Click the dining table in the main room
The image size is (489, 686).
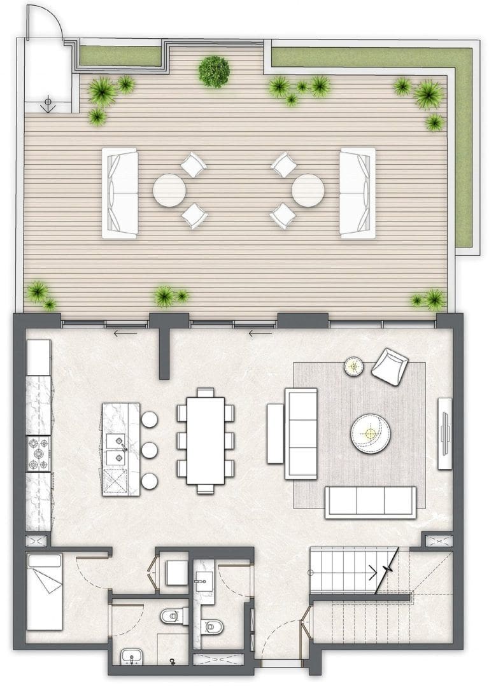pyautogui.click(x=206, y=440)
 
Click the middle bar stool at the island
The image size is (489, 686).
pyautogui.click(x=150, y=450)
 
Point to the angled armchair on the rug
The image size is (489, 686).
pyautogui.click(x=390, y=366)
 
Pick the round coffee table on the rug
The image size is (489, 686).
pyautogui.click(x=370, y=433)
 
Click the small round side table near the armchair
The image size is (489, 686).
pyautogui.click(x=353, y=366)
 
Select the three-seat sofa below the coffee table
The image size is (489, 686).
pyautogui.click(x=370, y=501)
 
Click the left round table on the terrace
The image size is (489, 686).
pyautogui.click(x=169, y=190)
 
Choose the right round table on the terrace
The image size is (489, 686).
pyautogui.click(x=308, y=190)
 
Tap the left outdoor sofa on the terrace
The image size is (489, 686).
pyautogui.click(x=120, y=192)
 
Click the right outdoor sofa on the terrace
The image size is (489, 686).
pyautogui.click(x=357, y=192)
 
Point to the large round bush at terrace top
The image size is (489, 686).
pyautogui.click(x=214, y=71)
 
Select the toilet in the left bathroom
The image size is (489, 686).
pyautogui.click(x=172, y=616)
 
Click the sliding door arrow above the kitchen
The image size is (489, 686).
pyautogui.click(x=125, y=332)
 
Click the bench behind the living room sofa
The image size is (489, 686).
pyautogui.click(x=274, y=433)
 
